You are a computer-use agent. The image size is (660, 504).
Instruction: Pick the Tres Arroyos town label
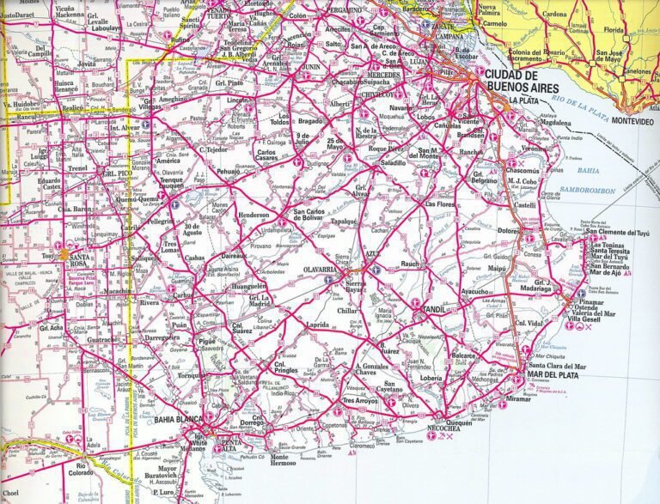point(361,401)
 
